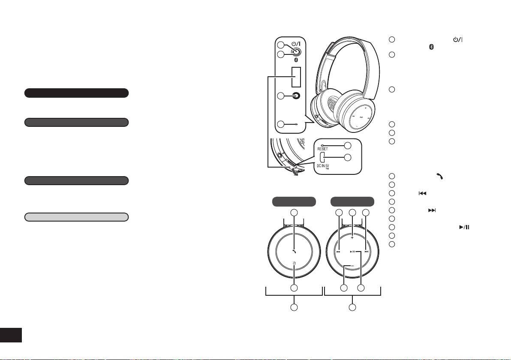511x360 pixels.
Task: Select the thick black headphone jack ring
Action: [x=295, y=96]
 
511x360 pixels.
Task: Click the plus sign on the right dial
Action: [x=352, y=237]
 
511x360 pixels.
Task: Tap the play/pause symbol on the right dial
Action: [x=352, y=252]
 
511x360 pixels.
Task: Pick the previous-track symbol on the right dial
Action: [x=338, y=252]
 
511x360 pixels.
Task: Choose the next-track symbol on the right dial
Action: [x=367, y=252]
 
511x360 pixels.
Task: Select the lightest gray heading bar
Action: [x=76, y=217]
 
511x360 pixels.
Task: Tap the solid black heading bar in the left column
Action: [x=76, y=93]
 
